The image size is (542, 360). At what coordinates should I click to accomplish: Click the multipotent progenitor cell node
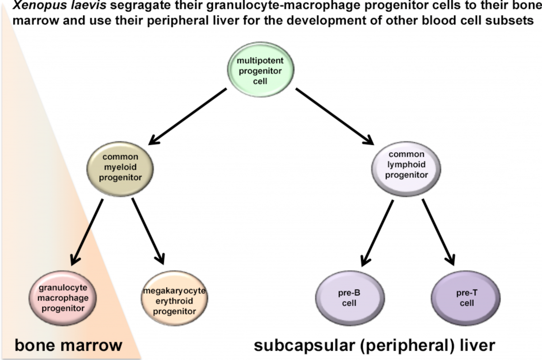[x=260, y=70]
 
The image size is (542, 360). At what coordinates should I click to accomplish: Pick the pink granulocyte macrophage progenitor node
[x=63, y=298]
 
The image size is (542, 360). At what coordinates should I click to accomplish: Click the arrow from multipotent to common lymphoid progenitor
[x=335, y=115]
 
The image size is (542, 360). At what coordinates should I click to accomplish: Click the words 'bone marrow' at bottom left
[x=69, y=346]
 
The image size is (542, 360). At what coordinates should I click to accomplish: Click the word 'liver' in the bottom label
[x=478, y=346]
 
